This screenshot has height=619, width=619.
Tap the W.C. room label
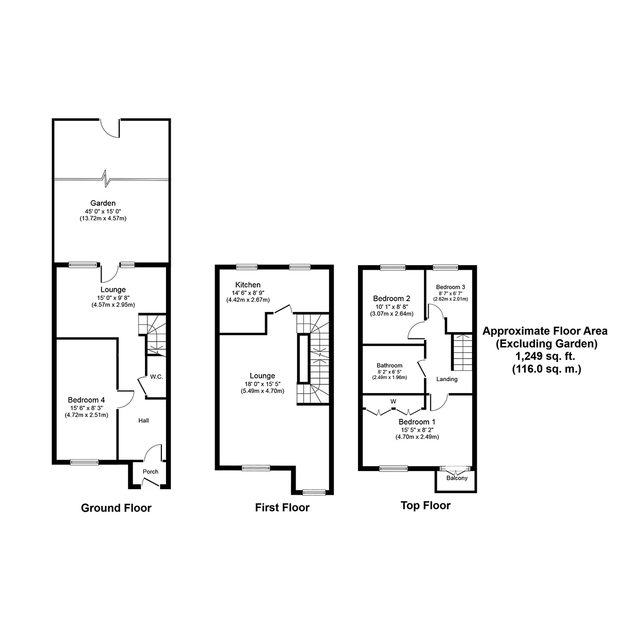[x=157, y=377]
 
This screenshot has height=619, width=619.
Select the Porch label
[x=151, y=471]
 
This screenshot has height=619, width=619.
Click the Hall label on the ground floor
[x=143, y=421]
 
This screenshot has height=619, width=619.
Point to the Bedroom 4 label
[x=86, y=400]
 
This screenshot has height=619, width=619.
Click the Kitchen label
[x=248, y=285]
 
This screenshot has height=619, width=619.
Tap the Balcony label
[x=457, y=478]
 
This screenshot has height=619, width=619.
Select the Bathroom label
[x=389, y=366]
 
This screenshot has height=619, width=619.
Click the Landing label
[x=447, y=380]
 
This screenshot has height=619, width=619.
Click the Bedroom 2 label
[x=392, y=298]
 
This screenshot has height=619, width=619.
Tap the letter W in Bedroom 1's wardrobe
[x=393, y=401]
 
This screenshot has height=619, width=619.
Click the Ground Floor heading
[x=116, y=508]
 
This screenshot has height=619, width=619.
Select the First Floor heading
[x=282, y=508]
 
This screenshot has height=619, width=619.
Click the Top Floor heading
[x=426, y=506]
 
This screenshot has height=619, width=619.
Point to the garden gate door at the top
[x=110, y=128]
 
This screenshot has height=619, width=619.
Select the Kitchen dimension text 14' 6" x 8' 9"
[x=248, y=294]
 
